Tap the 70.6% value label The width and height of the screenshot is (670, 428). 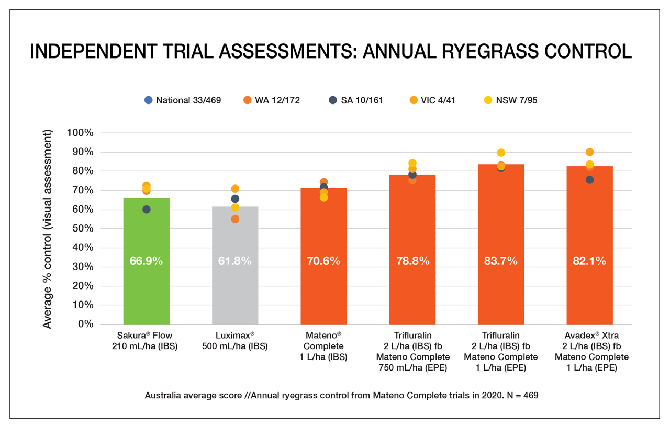point(323,261)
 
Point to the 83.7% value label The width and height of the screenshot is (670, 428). point(501,261)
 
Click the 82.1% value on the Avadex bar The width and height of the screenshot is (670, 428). point(589,261)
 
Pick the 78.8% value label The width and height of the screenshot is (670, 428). point(412,261)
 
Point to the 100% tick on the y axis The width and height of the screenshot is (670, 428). point(80,133)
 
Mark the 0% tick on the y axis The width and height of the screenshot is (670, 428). point(85,324)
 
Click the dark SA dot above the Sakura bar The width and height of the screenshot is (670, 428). point(147,210)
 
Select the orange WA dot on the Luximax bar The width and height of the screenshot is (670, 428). point(235,219)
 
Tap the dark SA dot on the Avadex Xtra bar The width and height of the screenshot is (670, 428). point(589,180)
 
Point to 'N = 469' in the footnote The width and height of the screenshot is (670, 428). point(520,396)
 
